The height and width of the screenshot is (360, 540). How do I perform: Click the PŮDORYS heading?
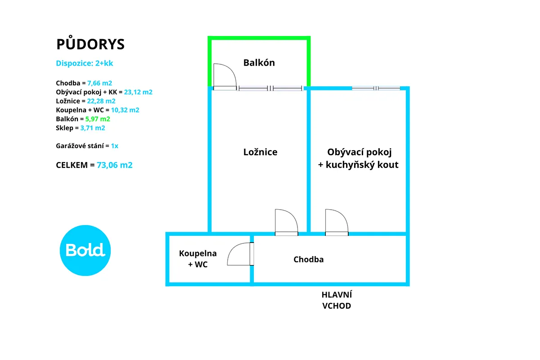pos(90,43)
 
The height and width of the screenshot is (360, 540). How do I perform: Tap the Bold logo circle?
pos(85,250)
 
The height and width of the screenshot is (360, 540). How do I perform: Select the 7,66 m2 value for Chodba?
pos(99,83)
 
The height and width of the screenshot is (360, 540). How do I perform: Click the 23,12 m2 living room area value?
pos(138,92)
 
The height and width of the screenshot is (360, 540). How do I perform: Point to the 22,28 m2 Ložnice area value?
pos(101,101)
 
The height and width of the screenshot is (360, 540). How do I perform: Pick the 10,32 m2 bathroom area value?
pos(125,110)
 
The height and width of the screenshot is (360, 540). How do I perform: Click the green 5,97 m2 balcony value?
pos(98,119)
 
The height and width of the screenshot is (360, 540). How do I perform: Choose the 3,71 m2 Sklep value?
pos(93,128)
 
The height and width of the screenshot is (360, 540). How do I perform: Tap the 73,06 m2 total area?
pos(114,165)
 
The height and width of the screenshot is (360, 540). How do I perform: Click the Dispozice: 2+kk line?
pos(85,63)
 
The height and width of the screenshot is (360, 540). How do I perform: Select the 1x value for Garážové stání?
pos(114,146)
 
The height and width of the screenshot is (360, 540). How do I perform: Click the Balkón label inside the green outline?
pos(259,63)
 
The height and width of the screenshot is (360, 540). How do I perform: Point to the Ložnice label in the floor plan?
pos(260,152)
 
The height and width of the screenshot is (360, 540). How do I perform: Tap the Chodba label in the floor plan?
pos(308,260)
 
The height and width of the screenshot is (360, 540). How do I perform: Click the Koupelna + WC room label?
pos(198,259)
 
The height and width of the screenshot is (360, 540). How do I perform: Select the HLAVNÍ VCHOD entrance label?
pos(337,300)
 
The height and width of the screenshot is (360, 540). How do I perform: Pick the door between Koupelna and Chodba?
pos(240,254)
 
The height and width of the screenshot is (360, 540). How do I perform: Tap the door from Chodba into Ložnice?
pos(286,222)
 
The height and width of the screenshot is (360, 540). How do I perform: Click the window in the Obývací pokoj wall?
pos(376,88)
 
